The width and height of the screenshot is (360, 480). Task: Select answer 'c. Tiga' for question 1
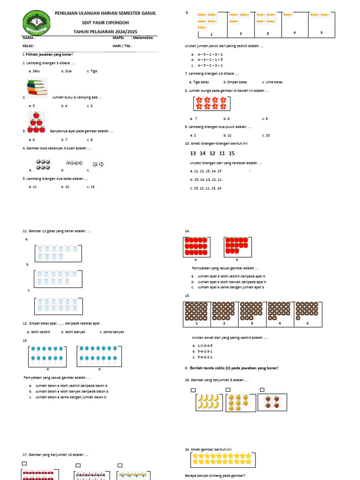[x=92, y=71]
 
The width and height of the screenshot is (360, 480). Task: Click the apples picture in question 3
[x=36, y=123]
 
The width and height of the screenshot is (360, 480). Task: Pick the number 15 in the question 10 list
[x=232, y=153]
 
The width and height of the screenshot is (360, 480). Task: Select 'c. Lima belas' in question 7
[x=272, y=82]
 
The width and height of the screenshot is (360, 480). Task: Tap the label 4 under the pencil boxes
[x=295, y=32]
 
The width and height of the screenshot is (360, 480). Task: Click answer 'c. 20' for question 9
[x=266, y=135]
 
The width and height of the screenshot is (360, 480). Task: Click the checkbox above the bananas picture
[x=193, y=390]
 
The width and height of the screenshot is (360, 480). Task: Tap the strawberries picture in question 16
[x=272, y=402]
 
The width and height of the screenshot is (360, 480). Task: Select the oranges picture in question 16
[x=241, y=402]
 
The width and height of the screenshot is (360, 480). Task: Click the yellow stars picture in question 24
[x=221, y=459]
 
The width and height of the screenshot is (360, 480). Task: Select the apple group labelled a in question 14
[x=196, y=246]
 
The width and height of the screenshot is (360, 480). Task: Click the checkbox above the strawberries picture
[x=262, y=390]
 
